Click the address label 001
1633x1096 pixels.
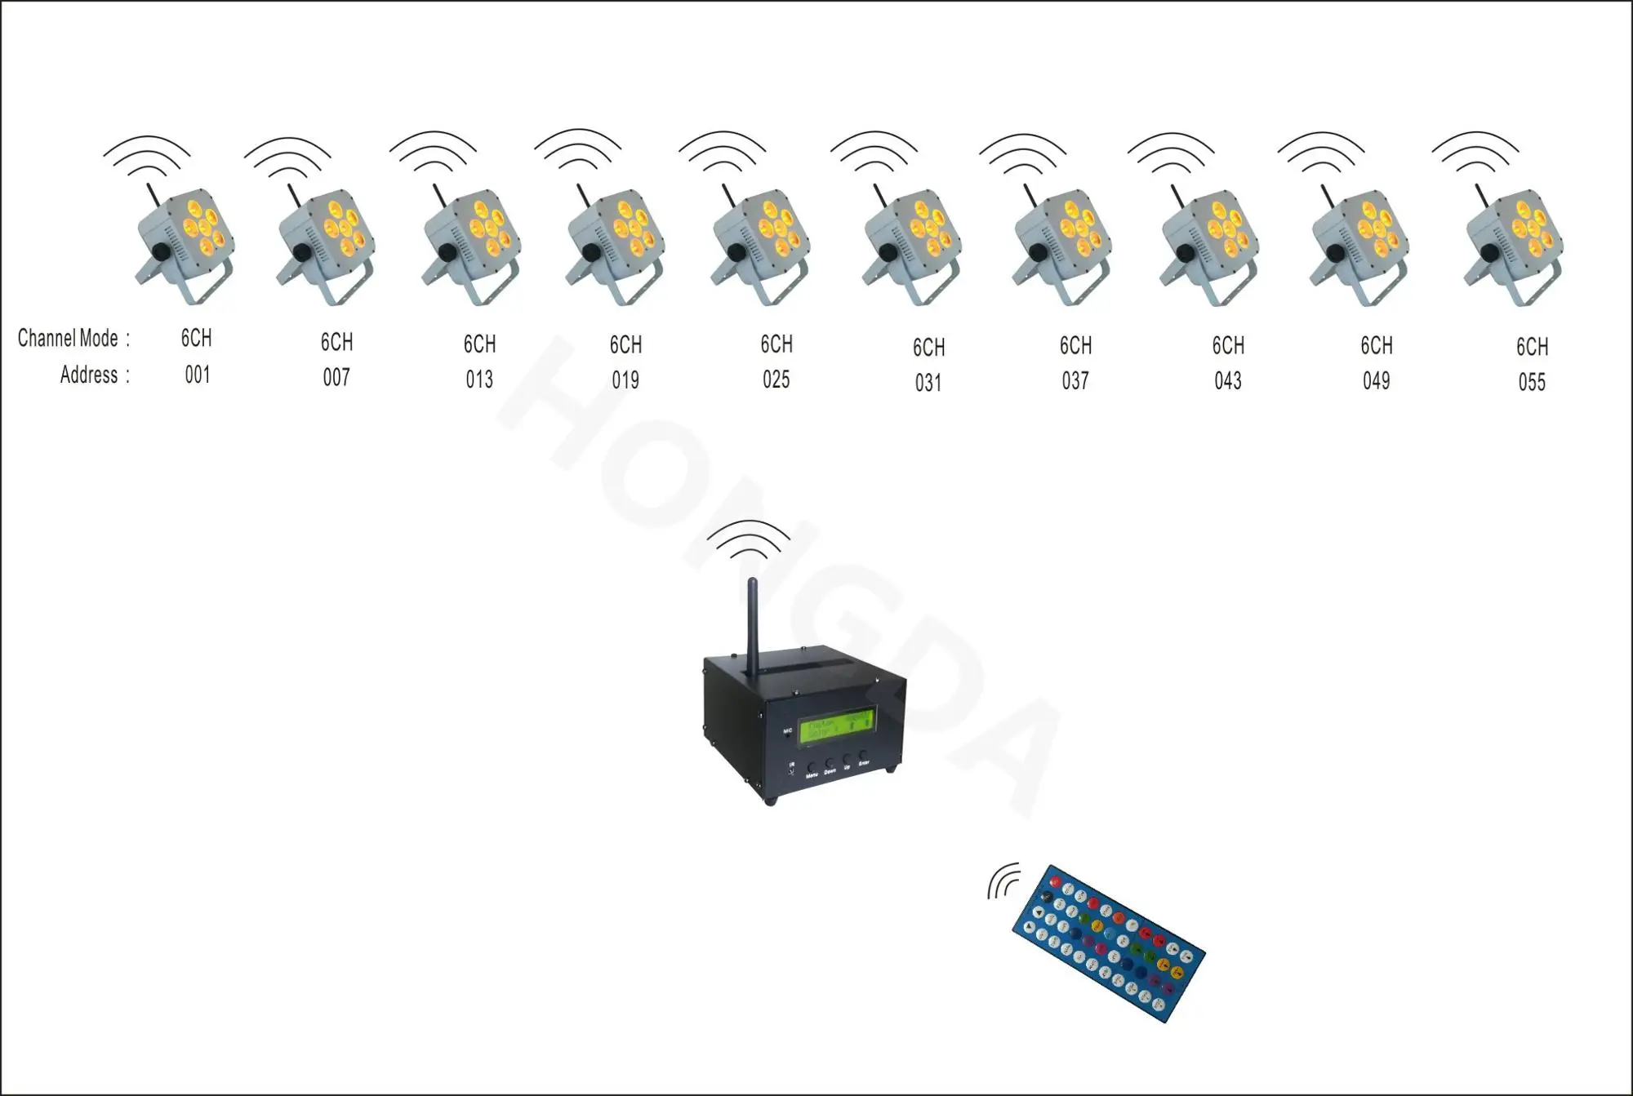coord(198,375)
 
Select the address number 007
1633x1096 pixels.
coord(336,378)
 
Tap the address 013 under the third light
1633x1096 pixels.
coord(479,379)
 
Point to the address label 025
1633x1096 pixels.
coord(776,379)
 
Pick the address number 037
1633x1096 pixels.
coord(1075,381)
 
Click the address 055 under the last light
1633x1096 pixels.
coord(1532,383)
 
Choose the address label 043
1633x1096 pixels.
coord(1228,381)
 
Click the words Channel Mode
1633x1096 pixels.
coord(69,339)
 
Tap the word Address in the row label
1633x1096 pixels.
coord(89,375)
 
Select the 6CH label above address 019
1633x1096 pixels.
coord(625,345)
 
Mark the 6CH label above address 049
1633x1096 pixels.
coord(1377,346)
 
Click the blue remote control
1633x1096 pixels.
coord(1108,943)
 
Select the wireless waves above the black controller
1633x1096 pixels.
coord(749,541)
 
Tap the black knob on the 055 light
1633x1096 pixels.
coord(1488,255)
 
